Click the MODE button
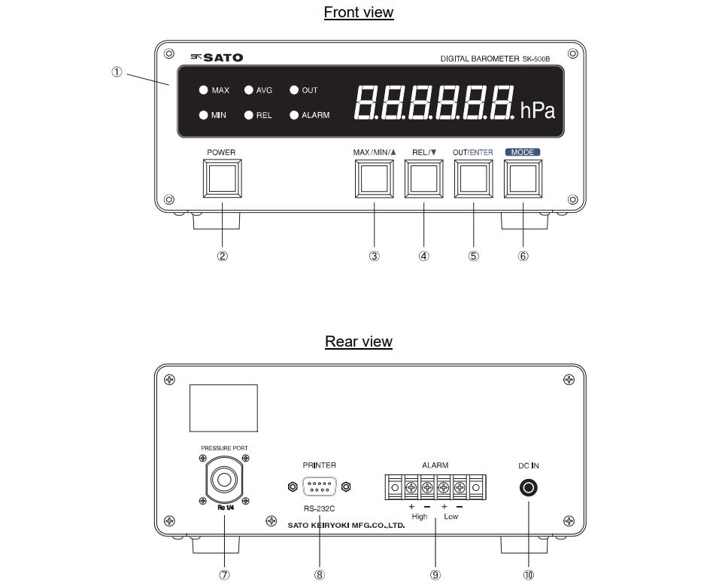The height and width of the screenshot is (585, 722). point(523,179)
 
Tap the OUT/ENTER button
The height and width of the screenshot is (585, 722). point(473,179)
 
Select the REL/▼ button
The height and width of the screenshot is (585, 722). point(423,179)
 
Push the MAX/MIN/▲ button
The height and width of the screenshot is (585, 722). point(374,179)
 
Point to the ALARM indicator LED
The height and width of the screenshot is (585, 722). point(294,115)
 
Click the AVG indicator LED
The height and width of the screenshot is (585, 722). point(249,89)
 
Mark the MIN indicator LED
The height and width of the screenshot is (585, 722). point(204,115)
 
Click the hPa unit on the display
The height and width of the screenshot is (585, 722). point(537,111)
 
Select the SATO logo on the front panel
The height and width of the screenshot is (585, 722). point(217,58)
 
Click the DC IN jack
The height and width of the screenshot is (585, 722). point(528,487)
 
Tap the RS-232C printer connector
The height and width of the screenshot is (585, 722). point(319,486)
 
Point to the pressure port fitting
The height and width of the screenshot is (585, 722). point(224,480)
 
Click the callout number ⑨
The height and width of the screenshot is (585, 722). point(435,574)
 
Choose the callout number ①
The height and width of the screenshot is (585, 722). point(117,71)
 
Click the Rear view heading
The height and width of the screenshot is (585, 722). point(359,341)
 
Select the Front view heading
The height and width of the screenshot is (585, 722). point(359,12)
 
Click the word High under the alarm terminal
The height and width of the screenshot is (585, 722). point(420,517)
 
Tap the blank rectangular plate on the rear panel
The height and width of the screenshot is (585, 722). point(224,408)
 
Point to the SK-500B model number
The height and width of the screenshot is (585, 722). point(536,59)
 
